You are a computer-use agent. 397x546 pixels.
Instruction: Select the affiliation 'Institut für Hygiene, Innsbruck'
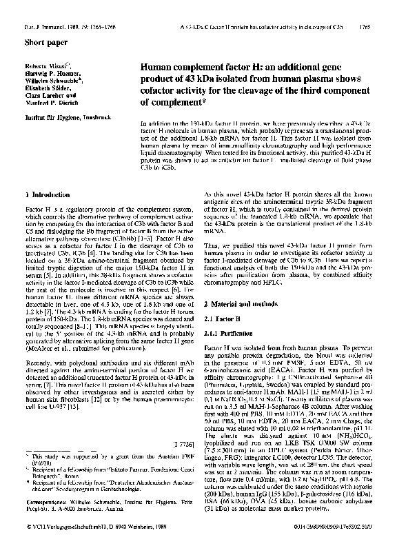click(60, 118)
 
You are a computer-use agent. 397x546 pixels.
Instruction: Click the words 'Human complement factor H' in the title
click(191, 68)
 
